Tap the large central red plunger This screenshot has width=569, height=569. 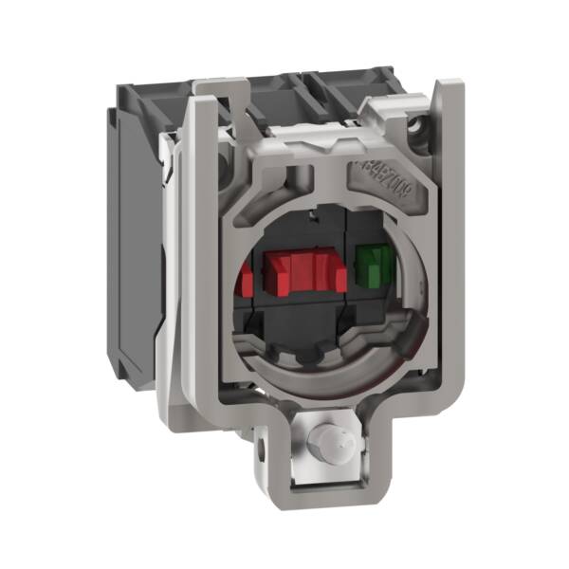click(x=298, y=269)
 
